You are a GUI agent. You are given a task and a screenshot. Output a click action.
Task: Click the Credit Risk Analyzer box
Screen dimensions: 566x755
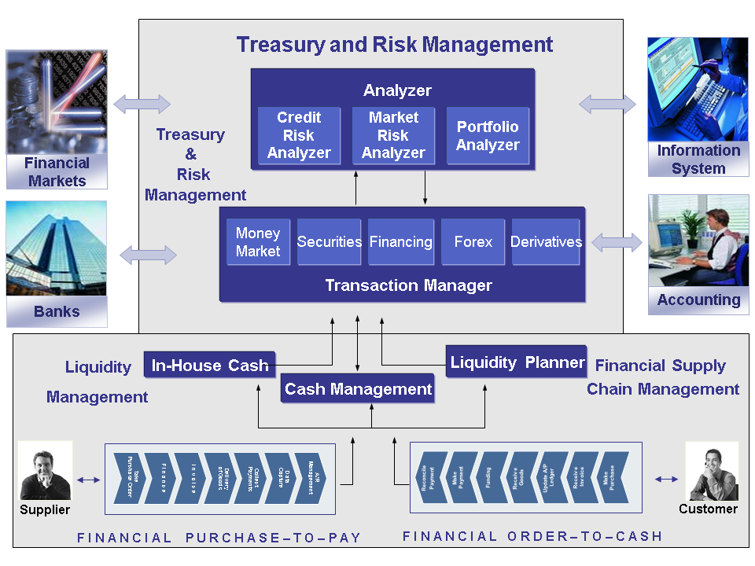[x=299, y=135]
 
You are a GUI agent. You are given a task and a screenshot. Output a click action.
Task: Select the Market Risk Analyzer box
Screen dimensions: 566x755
[x=393, y=135]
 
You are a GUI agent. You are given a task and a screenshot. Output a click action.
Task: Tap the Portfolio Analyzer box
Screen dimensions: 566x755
[x=488, y=135]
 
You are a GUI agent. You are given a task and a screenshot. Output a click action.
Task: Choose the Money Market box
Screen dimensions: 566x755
[x=258, y=242]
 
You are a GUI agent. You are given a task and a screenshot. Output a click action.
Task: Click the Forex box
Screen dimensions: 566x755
[x=473, y=242]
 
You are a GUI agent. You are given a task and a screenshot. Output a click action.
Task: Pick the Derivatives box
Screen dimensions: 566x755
[x=547, y=242]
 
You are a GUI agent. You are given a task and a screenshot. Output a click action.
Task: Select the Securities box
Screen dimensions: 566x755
[x=330, y=242]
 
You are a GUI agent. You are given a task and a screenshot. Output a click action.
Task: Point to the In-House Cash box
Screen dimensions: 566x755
[x=210, y=365]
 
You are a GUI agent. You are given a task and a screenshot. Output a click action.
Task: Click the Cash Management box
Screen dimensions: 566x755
[x=358, y=388]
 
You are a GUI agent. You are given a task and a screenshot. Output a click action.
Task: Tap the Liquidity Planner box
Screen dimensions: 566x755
[x=517, y=362]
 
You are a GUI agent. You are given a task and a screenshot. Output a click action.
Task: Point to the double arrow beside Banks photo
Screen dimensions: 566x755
[x=148, y=255]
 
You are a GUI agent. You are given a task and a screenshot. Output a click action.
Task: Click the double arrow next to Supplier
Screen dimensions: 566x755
[x=89, y=480]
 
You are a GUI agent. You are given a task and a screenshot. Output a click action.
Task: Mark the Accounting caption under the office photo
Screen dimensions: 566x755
[x=698, y=300]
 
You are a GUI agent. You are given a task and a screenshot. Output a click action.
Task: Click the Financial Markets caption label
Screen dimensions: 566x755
[x=57, y=172]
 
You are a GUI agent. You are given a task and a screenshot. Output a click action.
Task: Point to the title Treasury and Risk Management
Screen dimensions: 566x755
[x=395, y=44]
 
